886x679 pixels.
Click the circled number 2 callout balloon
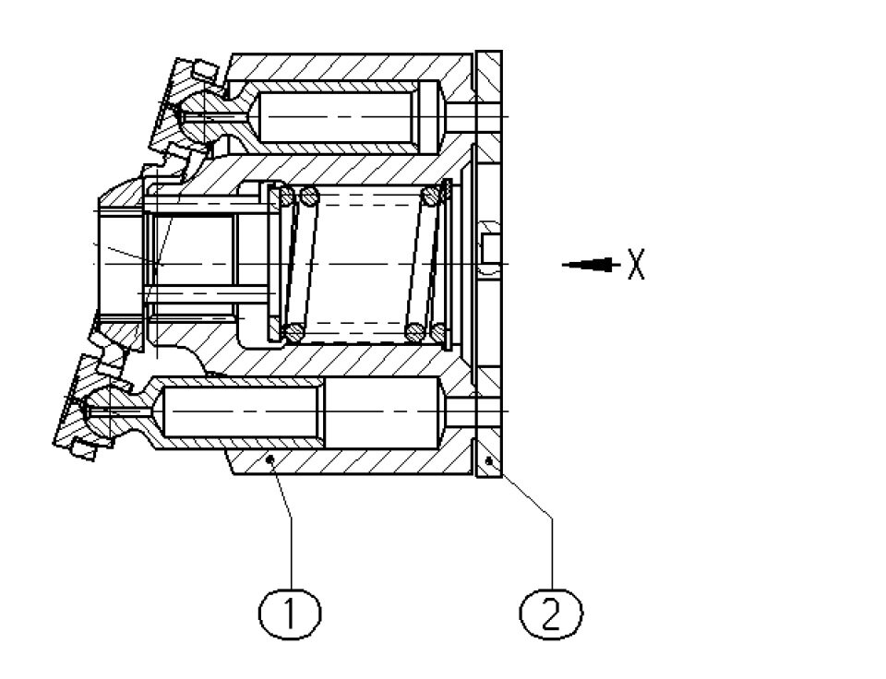click(x=551, y=612)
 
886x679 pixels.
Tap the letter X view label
click(x=635, y=265)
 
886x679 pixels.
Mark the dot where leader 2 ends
click(x=489, y=459)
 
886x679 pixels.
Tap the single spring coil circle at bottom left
click(x=293, y=331)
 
